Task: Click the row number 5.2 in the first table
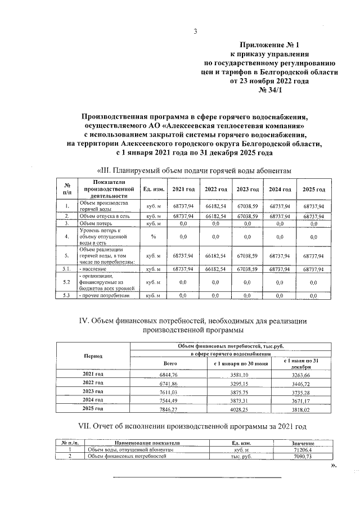[67, 282]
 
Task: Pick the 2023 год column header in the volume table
[247, 190]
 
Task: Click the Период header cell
[93, 357]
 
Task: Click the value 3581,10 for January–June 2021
[240, 374]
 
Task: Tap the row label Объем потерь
[93, 223]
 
